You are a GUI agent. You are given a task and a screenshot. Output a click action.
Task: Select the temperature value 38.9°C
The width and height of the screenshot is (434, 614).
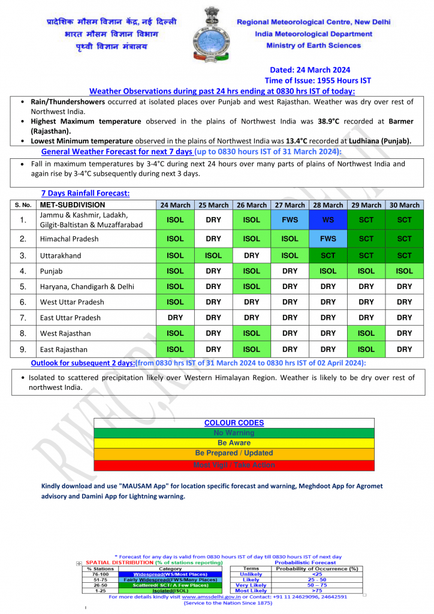pyautogui.click(x=327, y=121)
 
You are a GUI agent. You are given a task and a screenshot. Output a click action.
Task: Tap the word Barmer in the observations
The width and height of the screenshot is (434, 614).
pyautogui.click(x=397, y=121)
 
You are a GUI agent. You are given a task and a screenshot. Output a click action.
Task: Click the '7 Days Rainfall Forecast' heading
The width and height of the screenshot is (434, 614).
pyautogui.click(x=85, y=193)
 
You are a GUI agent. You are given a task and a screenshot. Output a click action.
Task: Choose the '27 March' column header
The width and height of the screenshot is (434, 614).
pyautogui.click(x=290, y=205)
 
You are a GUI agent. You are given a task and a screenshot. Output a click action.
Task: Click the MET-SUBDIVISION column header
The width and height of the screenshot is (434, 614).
pyautogui.click(x=72, y=205)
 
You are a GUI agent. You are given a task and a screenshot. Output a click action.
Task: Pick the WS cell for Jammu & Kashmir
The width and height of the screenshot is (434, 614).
pyautogui.click(x=328, y=220)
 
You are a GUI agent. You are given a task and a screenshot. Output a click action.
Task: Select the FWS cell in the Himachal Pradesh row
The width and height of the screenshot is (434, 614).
pyautogui.click(x=328, y=239)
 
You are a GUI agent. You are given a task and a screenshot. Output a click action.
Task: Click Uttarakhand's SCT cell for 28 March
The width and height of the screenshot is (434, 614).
pyautogui.click(x=328, y=255)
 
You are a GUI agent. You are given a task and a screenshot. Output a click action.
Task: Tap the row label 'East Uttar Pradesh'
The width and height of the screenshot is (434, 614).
pyautogui.click(x=71, y=318)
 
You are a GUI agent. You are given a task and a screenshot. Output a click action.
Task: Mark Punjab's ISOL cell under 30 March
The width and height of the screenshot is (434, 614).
pyautogui.click(x=405, y=271)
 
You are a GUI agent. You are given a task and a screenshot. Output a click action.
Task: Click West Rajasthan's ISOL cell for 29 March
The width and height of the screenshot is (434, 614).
pyautogui.click(x=366, y=333)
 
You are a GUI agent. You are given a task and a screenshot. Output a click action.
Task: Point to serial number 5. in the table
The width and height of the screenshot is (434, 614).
pyautogui.click(x=23, y=287)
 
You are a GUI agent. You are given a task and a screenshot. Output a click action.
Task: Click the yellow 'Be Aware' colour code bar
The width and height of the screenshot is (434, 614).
pyautogui.click(x=234, y=443)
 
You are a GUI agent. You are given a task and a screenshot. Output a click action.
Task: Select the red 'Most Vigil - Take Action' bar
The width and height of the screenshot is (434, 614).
pyautogui.click(x=234, y=465)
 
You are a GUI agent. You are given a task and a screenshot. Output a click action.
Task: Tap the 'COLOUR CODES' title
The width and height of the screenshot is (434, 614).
pyautogui.click(x=234, y=423)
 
